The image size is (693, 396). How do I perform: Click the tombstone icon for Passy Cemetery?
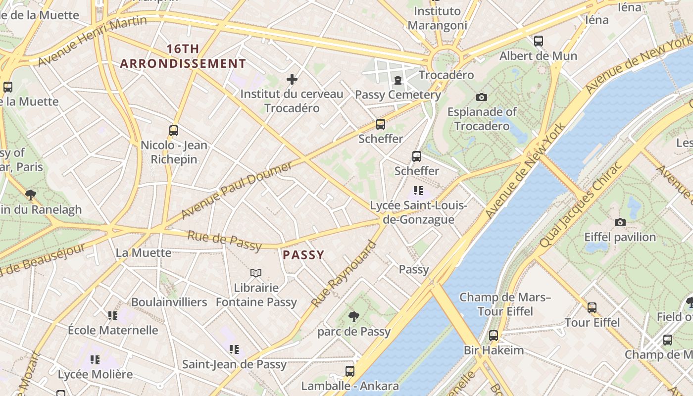397,80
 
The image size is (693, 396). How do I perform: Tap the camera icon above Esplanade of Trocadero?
481,98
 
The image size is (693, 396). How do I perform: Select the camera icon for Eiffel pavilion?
620,223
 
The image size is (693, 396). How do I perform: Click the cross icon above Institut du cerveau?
292,79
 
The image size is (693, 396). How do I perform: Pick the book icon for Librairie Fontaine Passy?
256,273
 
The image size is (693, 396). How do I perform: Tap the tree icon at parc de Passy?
353,317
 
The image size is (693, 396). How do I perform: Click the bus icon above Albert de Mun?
538,41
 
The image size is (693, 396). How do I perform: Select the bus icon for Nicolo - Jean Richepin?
173,131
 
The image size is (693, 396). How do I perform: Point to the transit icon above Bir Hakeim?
493,336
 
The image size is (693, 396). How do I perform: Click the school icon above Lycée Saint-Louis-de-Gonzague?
418,191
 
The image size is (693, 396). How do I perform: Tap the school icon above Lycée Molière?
95,359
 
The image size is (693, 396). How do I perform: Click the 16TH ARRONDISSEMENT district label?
183,56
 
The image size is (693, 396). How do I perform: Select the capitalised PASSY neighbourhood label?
303,255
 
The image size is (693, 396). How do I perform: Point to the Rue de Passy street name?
224,240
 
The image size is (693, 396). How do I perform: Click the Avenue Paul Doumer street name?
237,190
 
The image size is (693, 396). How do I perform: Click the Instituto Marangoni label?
437,18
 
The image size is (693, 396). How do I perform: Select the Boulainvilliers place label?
169,302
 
